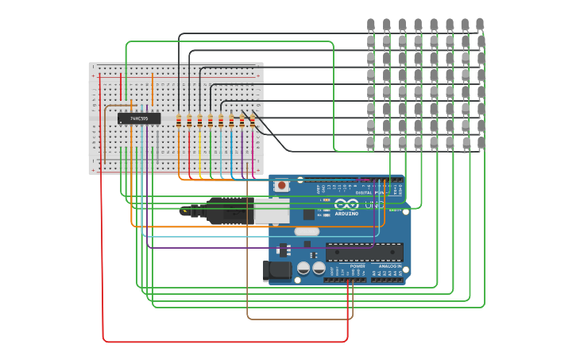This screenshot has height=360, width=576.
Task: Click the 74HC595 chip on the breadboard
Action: pyautogui.click(x=139, y=118)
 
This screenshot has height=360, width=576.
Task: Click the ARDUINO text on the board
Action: pyautogui.click(x=346, y=213)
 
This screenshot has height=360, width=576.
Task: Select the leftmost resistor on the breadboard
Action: pyautogui.click(x=179, y=121)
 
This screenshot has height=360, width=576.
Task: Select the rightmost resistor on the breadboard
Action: pyautogui.click(x=252, y=121)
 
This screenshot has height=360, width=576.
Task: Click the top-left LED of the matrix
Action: pyautogui.click(x=370, y=25)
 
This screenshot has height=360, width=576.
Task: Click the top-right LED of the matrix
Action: pyautogui.click(x=480, y=25)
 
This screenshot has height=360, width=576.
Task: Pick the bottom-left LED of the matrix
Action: pyautogui.click(x=370, y=143)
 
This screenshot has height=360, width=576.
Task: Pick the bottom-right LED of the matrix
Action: pyautogui.click(x=480, y=143)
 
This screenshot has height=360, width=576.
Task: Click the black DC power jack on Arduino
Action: pyautogui.click(x=277, y=270)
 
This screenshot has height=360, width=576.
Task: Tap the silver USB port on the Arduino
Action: pyautogui.click(x=271, y=210)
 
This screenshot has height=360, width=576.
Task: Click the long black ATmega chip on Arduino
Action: pyautogui.click(x=364, y=252)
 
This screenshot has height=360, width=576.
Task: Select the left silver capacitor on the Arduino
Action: pyautogui.click(x=303, y=269)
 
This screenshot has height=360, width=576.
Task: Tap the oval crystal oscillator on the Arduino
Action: pyautogui.click(x=306, y=232)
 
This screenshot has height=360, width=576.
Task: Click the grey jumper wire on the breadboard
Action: pyautogui.click(x=158, y=143)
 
